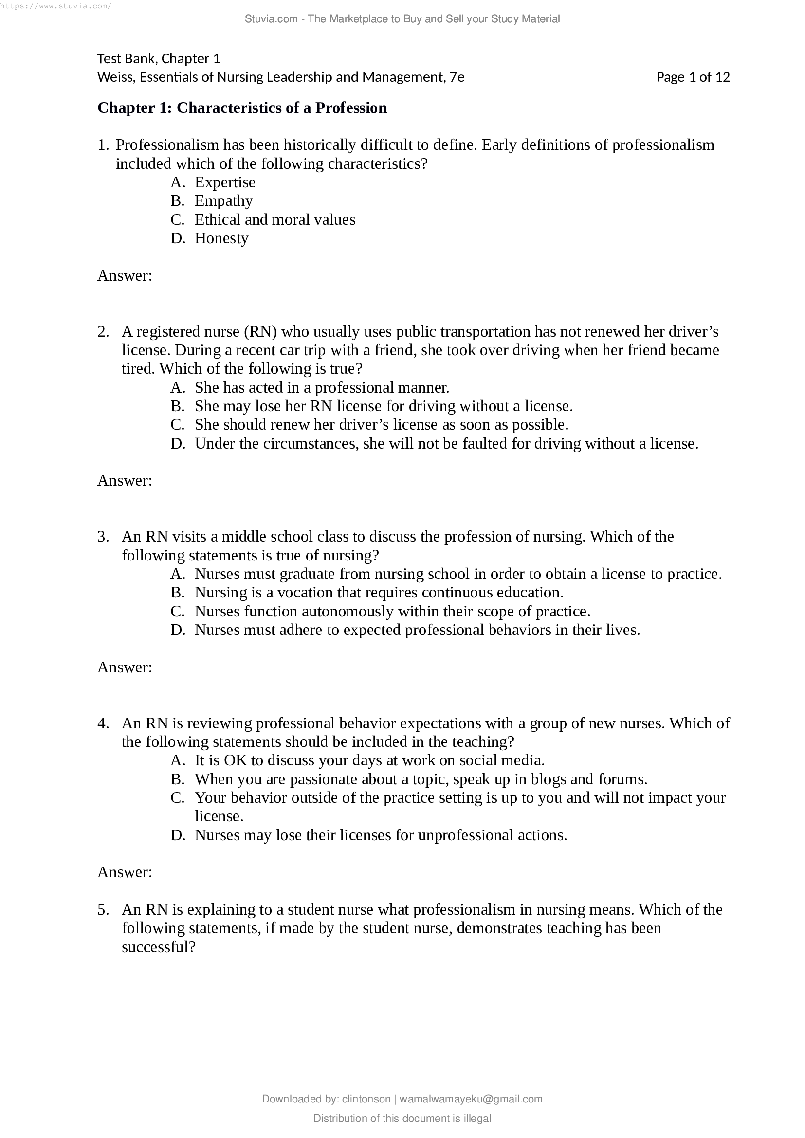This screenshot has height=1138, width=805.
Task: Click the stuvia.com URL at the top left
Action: tap(55, 6)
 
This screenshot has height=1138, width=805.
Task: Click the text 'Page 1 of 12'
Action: tap(693, 77)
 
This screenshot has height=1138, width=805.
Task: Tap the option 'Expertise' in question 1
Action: tap(224, 182)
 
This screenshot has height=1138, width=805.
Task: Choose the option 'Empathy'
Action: tap(223, 201)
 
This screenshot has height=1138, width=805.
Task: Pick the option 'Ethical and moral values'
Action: tap(274, 219)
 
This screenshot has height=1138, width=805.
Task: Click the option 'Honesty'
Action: tap(221, 238)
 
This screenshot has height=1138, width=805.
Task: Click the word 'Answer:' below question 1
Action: tap(125, 275)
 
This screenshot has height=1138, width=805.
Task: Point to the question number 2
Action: tap(103, 332)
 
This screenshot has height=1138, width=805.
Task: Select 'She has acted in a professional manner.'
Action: tap(322, 388)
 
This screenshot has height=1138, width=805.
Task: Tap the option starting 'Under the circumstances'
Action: tap(446, 444)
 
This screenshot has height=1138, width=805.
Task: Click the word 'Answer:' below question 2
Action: tap(125, 480)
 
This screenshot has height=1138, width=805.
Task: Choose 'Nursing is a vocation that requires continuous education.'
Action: tap(379, 593)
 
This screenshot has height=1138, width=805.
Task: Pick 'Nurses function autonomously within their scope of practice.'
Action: tap(392, 612)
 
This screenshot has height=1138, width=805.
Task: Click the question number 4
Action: tap(103, 723)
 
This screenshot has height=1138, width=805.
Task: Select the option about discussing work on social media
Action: tap(369, 760)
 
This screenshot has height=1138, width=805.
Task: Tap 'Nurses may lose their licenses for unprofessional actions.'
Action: tap(380, 835)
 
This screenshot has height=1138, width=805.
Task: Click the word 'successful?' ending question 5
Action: tap(159, 947)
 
